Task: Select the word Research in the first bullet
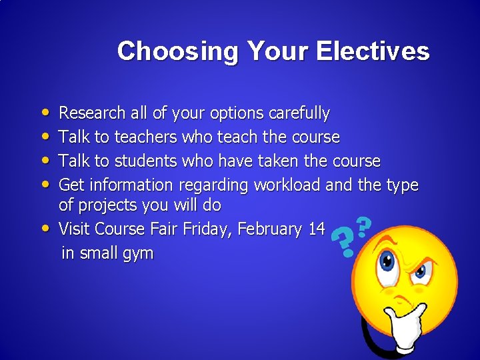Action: pos(93,113)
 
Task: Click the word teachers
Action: pos(145,137)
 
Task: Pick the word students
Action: pos(146,161)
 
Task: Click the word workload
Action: pos(285,185)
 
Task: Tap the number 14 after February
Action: pos(317,229)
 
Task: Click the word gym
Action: pos(139,253)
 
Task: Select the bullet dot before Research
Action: pos(43,114)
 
